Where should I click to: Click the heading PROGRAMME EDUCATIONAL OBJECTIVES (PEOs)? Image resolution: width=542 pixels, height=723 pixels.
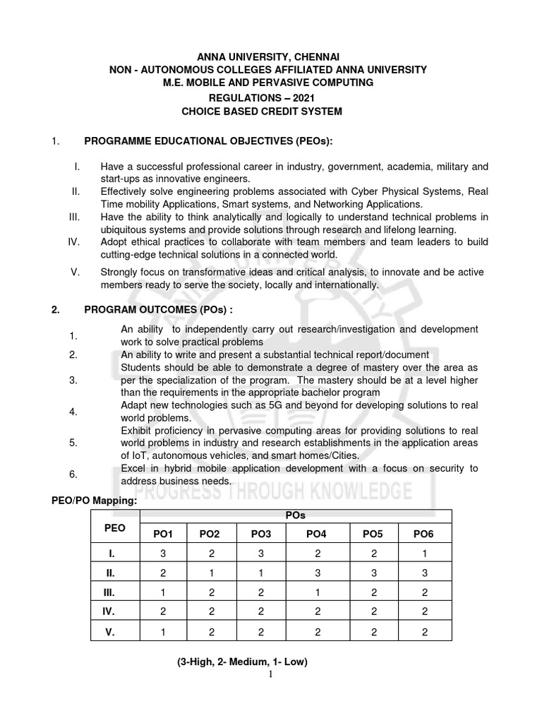[x=208, y=141]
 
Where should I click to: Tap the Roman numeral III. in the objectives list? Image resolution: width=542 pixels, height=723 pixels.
[x=77, y=217]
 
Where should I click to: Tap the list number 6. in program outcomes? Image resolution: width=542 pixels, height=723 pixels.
[x=73, y=474]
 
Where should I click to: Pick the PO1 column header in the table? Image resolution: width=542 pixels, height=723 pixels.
[x=163, y=534]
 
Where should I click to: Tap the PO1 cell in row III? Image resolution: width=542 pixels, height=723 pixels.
[x=163, y=593]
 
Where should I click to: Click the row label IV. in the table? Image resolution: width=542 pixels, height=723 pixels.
[x=109, y=612]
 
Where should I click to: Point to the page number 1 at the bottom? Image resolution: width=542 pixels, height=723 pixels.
[x=272, y=674]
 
